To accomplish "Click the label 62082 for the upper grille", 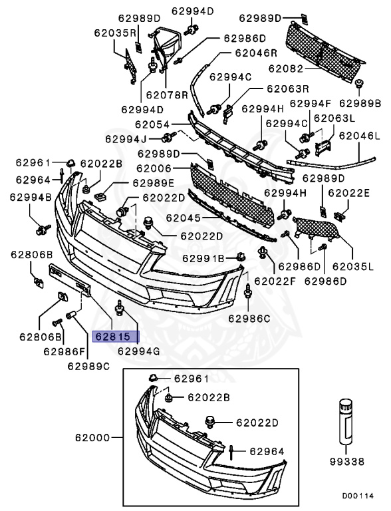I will point(286,68).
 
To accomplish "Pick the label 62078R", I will point(168,95).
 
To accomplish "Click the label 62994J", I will point(126,139).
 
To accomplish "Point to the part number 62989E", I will point(153,183).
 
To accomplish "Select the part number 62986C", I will point(250,318).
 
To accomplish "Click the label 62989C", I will point(89,365).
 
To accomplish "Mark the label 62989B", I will point(360,103).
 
